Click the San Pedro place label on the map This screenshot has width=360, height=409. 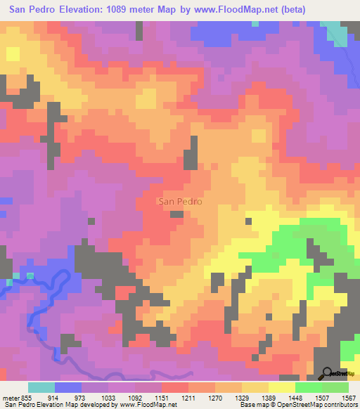181,201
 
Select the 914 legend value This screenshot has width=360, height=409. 55,397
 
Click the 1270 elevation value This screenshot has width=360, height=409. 217,397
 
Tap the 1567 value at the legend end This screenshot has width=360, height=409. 348,397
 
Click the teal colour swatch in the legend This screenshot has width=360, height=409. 41,387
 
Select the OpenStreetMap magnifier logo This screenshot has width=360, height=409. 328,373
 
